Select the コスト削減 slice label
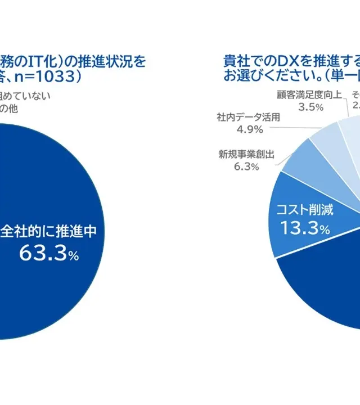[x=304, y=210]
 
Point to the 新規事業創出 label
[x=246, y=154]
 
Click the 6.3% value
[x=246, y=166]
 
